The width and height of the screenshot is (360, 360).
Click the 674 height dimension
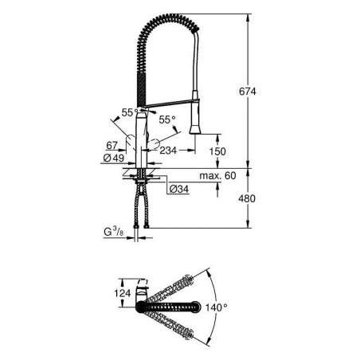[248, 92]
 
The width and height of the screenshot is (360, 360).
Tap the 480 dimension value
[247, 198]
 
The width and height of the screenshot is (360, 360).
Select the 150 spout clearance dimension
[217, 151]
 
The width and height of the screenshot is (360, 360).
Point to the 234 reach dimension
[168, 151]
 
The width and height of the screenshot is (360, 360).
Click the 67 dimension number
[112, 146]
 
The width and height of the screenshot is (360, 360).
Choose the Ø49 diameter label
[113, 158]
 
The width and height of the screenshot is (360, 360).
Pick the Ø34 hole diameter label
[179, 189]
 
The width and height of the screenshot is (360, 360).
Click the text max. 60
[217, 176]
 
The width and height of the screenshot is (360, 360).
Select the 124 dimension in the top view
[123, 293]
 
